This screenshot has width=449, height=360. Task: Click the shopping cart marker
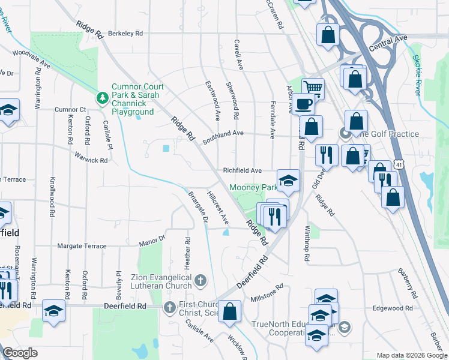312,88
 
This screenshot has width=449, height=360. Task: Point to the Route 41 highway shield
399,164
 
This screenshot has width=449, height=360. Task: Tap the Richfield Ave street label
243,170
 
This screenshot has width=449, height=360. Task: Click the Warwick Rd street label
91,160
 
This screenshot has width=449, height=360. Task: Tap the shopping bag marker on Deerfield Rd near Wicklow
229,311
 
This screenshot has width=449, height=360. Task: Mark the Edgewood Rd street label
392,308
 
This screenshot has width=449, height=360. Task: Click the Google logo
20,353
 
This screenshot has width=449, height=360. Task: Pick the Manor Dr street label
152,242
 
